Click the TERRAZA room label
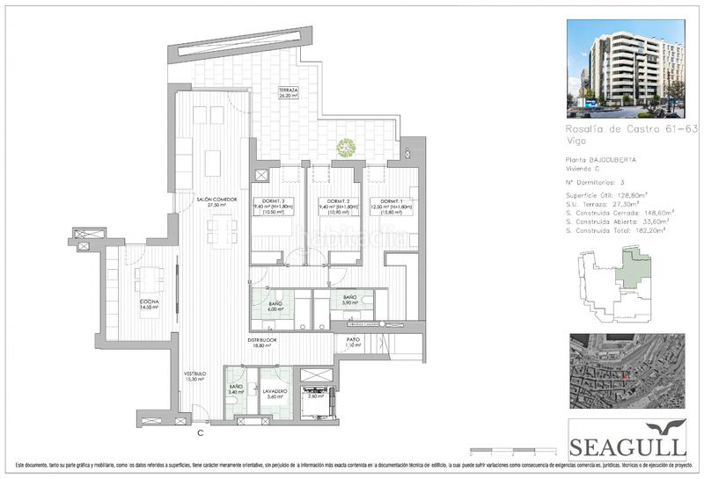point(288,90)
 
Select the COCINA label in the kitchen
point(149,302)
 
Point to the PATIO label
point(354,339)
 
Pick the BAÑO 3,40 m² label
point(236,388)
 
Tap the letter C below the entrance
point(201,432)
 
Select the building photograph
point(626,69)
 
